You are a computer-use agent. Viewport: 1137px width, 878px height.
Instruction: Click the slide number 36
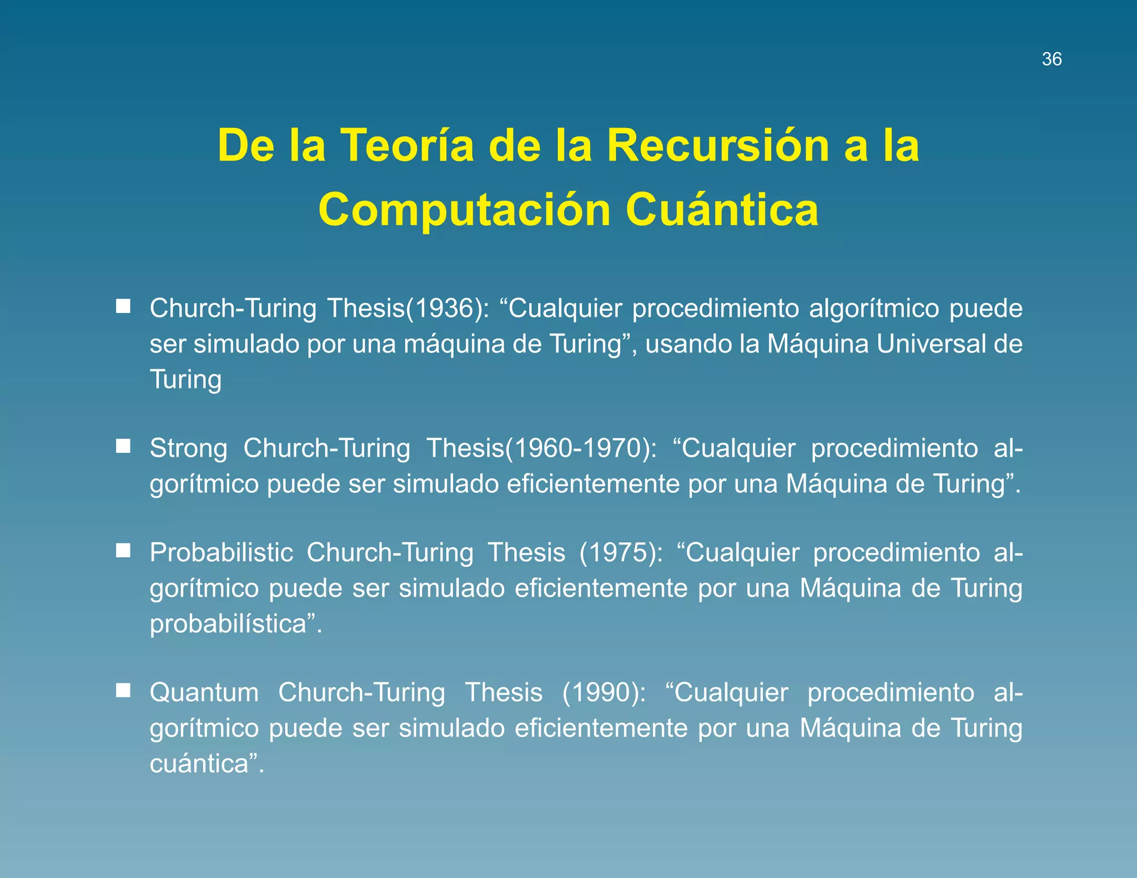[x=1052, y=59]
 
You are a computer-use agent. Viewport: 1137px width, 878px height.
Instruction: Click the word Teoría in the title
[x=407, y=145]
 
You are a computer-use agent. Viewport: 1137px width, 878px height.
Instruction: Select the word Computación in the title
[x=464, y=210]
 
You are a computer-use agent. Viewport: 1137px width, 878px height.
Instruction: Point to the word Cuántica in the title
[x=722, y=210]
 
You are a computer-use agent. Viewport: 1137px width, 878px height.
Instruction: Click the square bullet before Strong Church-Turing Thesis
[x=123, y=446]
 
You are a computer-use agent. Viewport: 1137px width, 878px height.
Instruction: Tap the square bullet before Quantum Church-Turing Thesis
[x=123, y=690]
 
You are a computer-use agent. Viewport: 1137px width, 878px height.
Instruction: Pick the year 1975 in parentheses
[x=620, y=553]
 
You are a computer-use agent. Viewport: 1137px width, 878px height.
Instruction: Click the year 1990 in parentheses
[x=603, y=693]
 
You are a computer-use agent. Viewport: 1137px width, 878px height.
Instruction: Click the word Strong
[x=189, y=448]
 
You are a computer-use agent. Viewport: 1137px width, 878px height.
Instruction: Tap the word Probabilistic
[x=222, y=553]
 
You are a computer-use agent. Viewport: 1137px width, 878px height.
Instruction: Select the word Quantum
[x=204, y=693]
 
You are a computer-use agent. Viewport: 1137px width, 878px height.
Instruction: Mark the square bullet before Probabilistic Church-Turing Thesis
[x=123, y=551]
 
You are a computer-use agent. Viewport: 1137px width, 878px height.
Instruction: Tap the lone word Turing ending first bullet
[x=185, y=380]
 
